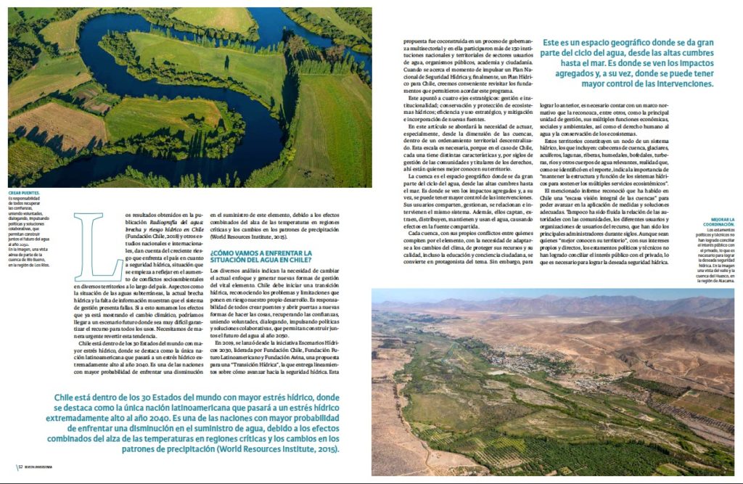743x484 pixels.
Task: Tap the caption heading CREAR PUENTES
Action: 25,193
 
